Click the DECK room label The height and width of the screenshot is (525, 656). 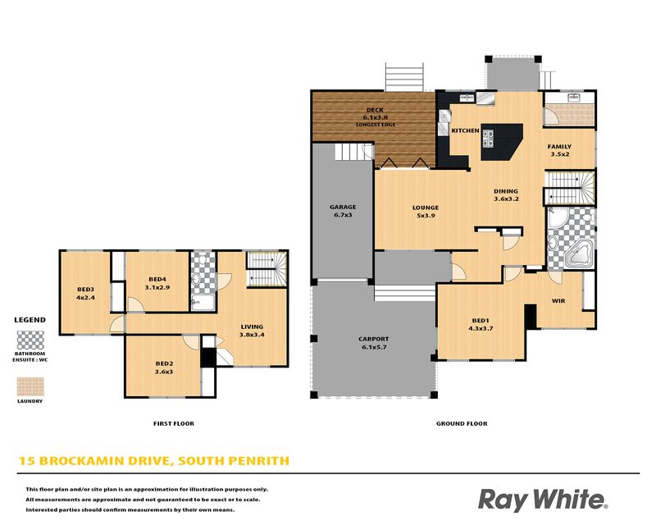(375, 110)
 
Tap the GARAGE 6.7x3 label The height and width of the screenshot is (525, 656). (343, 211)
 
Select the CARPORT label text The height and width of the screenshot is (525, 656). (374, 339)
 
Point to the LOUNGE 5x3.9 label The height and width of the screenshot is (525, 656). (426, 212)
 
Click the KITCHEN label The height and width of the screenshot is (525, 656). (465, 130)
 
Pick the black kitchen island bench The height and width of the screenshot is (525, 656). (502, 142)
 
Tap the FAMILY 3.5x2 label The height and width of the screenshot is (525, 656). (559, 150)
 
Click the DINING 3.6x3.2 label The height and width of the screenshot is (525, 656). (506, 195)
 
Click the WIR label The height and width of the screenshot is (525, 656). (558, 301)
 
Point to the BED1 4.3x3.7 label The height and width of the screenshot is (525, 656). (481, 325)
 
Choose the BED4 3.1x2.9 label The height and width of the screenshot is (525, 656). (157, 284)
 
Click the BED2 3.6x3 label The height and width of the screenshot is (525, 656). (164, 367)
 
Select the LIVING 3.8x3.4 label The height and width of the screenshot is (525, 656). (252, 331)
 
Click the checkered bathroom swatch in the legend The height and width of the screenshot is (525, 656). (30, 340)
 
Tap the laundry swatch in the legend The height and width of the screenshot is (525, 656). (30, 386)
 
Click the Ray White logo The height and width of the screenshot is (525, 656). (543, 500)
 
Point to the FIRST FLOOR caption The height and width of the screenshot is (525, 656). (174, 423)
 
